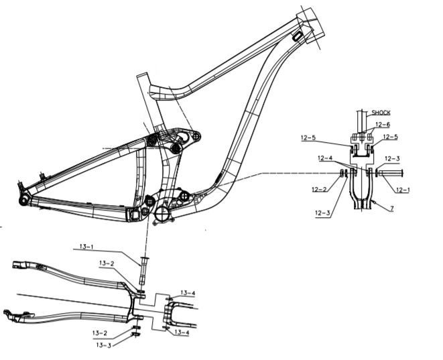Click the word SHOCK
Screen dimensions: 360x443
tap(381, 113)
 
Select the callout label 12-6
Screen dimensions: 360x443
tap(383, 124)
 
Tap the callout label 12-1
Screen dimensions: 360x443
tap(403, 190)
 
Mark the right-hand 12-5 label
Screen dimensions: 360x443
tap(391, 137)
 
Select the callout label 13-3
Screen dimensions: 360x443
tap(104, 345)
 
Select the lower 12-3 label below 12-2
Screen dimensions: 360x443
tap(322, 213)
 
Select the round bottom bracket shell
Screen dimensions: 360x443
tap(163, 215)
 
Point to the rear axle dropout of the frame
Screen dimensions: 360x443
tap(23, 199)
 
